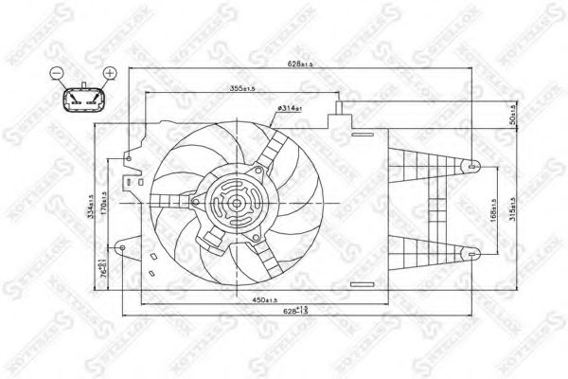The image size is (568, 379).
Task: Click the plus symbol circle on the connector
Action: [x=109, y=73]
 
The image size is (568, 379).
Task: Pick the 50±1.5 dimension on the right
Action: [x=512, y=115]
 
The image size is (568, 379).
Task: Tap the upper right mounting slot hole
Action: [x=473, y=167]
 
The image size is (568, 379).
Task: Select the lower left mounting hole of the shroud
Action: [x=122, y=248]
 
